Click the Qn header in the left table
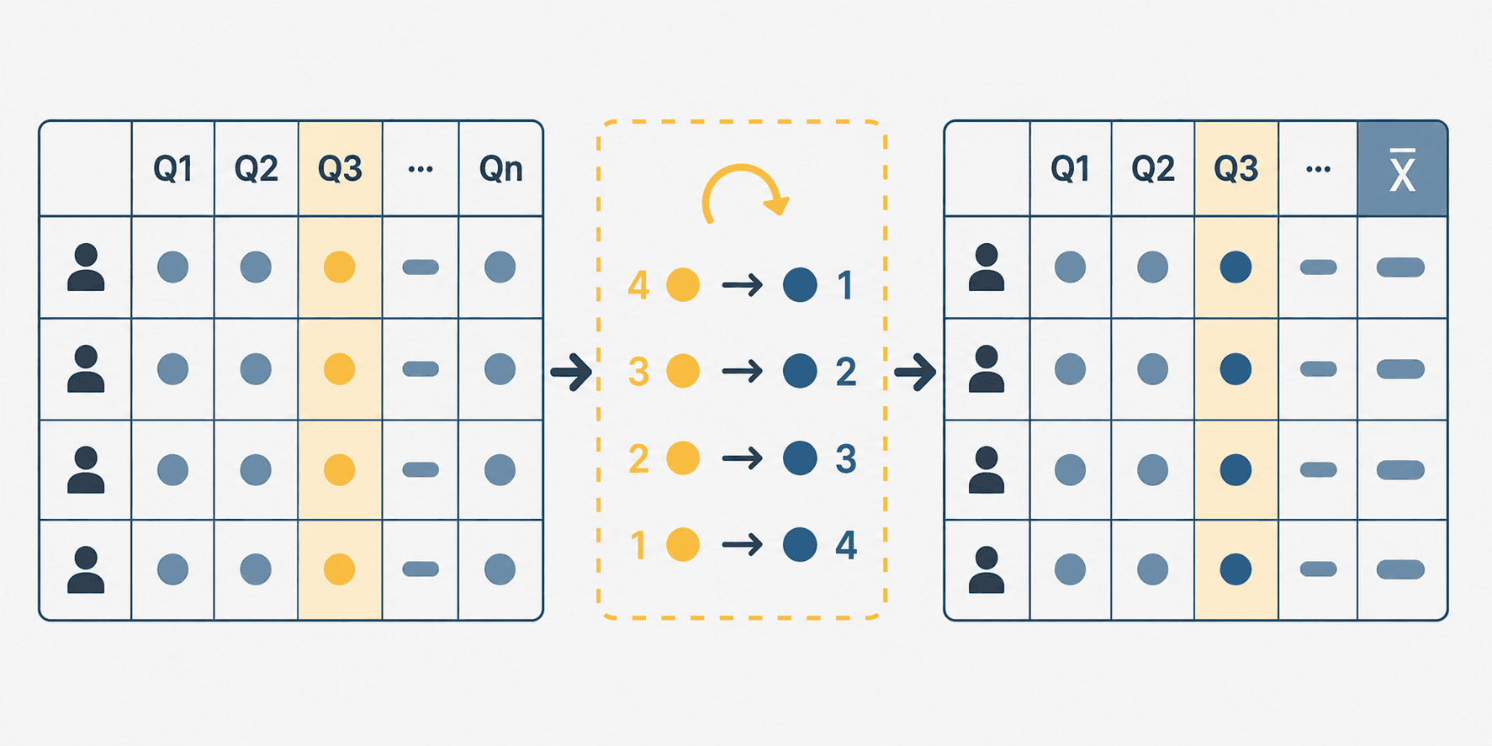coord(501,169)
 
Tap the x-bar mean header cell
coord(1402,169)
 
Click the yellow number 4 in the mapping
coord(638,285)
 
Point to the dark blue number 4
coord(846,545)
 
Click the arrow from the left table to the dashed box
coord(572,372)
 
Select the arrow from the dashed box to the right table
coord(916,372)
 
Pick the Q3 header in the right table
coord(1235,169)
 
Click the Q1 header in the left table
coord(173,169)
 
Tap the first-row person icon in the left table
coord(86,267)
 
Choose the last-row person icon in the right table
coord(987,570)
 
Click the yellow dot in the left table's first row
coord(340,267)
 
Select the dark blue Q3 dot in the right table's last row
coord(1235,569)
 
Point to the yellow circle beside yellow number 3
coord(683,371)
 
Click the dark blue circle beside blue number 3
coord(800,458)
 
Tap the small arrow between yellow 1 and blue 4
coord(743,545)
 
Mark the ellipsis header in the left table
coord(421,169)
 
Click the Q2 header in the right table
coord(1153,169)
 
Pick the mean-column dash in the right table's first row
coord(1400,267)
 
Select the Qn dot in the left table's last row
coord(500,569)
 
